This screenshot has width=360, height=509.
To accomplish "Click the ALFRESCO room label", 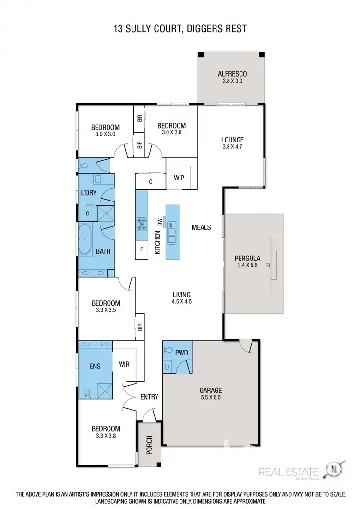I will click(x=232, y=74).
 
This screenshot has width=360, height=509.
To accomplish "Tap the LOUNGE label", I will click(x=232, y=140).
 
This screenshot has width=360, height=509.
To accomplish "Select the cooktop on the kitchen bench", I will click(x=143, y=223).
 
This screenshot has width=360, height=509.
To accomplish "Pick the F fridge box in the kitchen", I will click(x=142, y=249).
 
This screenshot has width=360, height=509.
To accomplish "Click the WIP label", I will click(x=179, y=178).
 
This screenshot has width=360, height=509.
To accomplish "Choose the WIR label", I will click(x=124, y=364).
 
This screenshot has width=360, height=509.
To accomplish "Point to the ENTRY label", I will click(x=149, y=397).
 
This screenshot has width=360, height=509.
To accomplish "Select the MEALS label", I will click(x=201, y=227).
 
